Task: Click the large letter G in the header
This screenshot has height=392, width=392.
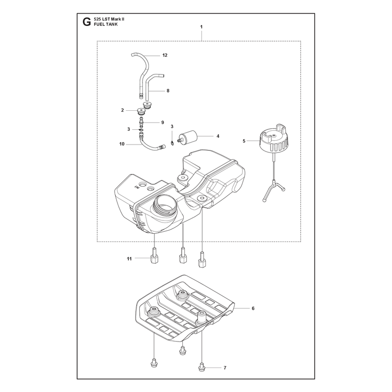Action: (87, 22)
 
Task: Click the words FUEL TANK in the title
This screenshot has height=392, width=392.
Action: (105, 24)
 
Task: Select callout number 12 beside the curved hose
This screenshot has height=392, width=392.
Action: (165, 55)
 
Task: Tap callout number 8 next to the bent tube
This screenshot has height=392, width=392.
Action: (168, 91)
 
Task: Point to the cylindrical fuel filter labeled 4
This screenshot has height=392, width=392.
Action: (188, 137)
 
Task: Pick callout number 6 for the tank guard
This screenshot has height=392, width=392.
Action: (253, 308)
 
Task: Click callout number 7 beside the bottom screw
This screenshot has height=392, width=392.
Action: (225, 368)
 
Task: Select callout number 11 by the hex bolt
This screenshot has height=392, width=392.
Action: (129, 259)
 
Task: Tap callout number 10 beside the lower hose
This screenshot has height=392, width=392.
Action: (122, 144)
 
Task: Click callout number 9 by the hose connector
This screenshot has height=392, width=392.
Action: (163, 122)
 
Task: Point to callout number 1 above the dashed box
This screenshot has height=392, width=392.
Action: (201, 27)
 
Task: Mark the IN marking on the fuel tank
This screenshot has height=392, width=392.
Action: (137, 187)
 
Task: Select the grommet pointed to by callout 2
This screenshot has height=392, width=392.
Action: (141, 111)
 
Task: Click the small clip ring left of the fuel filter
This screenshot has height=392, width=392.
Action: (172, 143)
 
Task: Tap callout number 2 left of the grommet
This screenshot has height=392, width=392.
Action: (122, 110)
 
